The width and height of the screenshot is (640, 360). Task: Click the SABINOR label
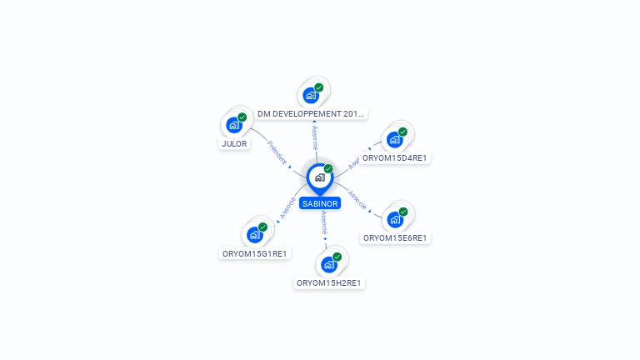pos(320,203)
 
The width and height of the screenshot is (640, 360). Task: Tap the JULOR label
pos(234,143)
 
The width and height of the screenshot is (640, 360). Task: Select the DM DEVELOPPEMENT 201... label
pos(311,113)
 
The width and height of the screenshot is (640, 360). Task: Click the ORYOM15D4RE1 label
pos(395,157)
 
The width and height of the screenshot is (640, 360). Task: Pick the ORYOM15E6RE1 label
pos(395,237)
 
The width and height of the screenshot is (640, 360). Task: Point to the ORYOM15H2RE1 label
pos(330,282)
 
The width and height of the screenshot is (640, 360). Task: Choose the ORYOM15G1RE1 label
pos(255,253)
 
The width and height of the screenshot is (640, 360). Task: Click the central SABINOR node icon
pos(319,177)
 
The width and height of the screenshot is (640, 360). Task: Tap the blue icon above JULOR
pos(234,126)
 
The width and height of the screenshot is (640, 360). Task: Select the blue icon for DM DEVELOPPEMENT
pos(311,96)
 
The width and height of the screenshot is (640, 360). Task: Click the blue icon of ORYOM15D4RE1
pos(395,140)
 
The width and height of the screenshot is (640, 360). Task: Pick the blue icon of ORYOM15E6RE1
pos(395,220)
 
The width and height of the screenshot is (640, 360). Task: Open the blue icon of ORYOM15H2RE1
pos(329,265)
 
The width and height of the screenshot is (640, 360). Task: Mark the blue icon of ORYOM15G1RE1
pos(255,236)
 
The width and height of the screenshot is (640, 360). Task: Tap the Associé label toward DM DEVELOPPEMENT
pos(315,137)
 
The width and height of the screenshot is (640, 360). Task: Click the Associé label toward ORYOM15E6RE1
pos(357,199)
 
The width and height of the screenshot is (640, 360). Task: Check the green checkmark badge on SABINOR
pos(328,169)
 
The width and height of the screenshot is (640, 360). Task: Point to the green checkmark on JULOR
pos(242,117)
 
